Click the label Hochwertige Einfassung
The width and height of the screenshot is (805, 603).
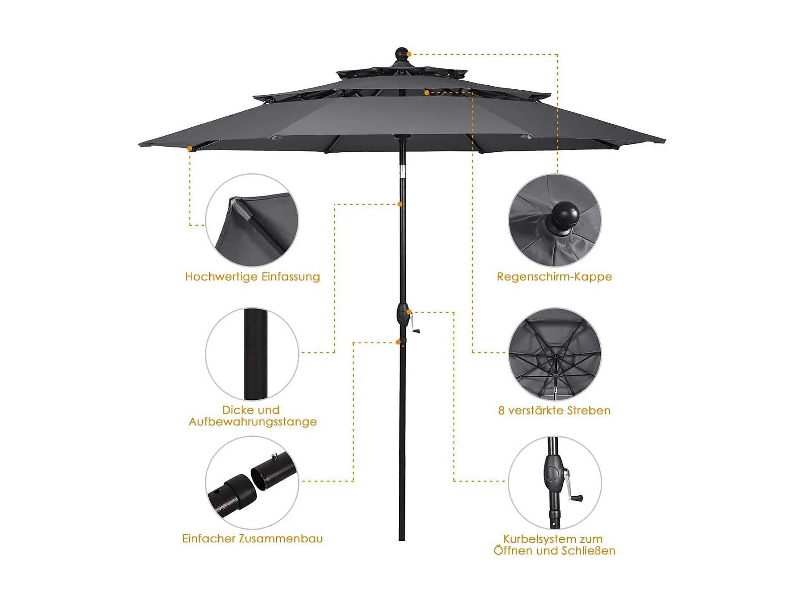253,277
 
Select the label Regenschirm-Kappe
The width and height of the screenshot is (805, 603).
554,277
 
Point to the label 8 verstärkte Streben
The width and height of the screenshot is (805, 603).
554,410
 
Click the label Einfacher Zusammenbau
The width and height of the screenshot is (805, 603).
253,539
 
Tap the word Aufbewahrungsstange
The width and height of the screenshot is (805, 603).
253,422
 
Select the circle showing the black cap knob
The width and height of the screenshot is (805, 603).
555,221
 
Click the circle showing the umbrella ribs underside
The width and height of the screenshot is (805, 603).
555,354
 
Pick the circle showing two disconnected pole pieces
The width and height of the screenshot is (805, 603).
252,482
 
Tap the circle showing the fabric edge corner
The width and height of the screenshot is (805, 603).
252,221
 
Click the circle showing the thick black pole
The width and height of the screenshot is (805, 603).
252,354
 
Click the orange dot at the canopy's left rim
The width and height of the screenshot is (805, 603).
190,148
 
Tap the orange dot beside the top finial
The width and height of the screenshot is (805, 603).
409,54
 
